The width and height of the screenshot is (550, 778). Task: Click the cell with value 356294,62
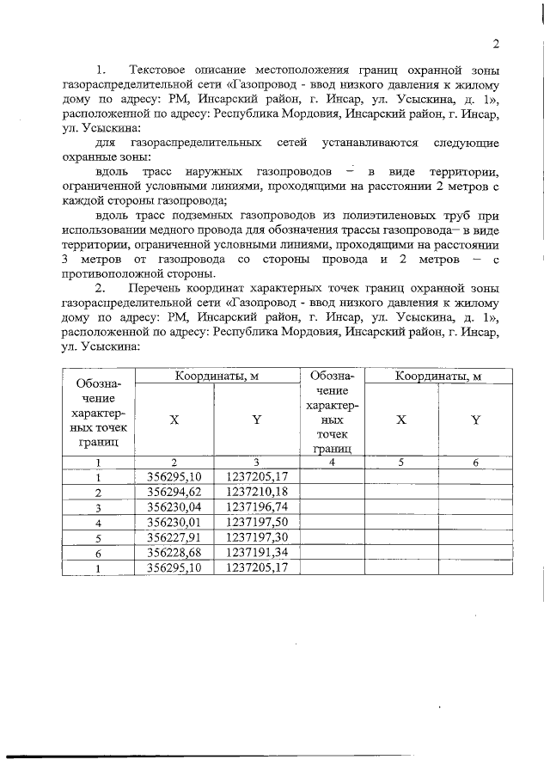click(175, 492)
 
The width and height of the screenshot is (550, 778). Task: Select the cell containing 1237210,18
click(256, 492)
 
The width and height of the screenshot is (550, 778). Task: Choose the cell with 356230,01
click(175, 522)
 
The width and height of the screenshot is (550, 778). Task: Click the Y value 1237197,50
click(256, 522)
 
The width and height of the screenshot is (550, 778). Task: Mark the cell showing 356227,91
click(175, 537)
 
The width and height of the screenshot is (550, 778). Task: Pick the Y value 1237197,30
click(256, 537)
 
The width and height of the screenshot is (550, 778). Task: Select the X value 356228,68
click(175, 552)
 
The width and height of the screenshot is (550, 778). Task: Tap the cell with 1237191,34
click(256, 552)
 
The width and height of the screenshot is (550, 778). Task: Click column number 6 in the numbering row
click(475, 462)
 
